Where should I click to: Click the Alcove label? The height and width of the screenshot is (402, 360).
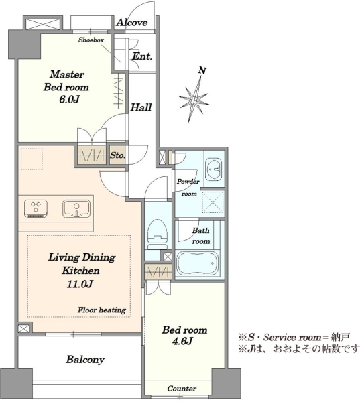tap(132, 23)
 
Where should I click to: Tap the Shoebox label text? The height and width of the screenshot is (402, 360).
tap(91, 40)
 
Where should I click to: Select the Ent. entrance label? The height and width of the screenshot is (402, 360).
tap(142, 56)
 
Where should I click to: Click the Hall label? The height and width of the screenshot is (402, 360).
tap(141, 107)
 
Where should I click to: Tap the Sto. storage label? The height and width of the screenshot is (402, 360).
tap(118, 155)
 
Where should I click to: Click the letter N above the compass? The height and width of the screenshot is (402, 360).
tap(202, 70)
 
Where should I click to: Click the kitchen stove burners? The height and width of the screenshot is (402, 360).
tap(36, 208)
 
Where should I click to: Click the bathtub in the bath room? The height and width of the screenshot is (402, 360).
tap(198, 263)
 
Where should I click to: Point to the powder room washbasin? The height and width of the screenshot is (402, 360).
tap(214, 170)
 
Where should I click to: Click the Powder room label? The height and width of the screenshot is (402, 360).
tap(188, 188)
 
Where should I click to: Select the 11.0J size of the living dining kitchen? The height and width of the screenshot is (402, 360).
tap(80, 284)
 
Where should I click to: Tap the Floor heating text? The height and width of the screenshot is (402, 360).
tap(102, 310)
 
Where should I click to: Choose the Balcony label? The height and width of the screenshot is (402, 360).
tap(85, 359)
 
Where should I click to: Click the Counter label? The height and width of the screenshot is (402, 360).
tap(182, 389)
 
